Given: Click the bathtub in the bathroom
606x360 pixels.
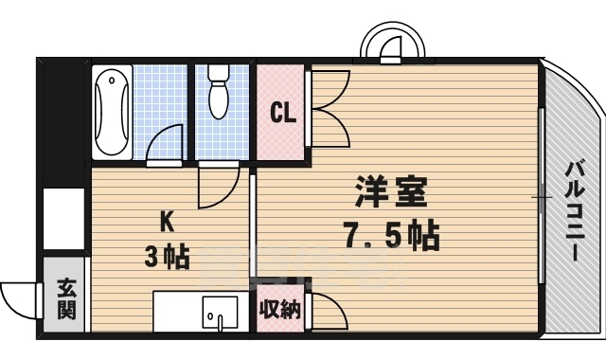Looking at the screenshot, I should [113, 113].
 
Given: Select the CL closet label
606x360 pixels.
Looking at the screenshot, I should [283, 114].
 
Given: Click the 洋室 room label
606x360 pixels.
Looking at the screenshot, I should [391, 192].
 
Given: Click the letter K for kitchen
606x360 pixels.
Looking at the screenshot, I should [166, 222].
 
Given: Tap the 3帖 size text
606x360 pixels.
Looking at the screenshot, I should [166, 256].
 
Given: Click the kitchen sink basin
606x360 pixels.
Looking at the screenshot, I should [221, 310].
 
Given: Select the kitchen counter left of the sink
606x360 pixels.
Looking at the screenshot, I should [178, 311].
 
